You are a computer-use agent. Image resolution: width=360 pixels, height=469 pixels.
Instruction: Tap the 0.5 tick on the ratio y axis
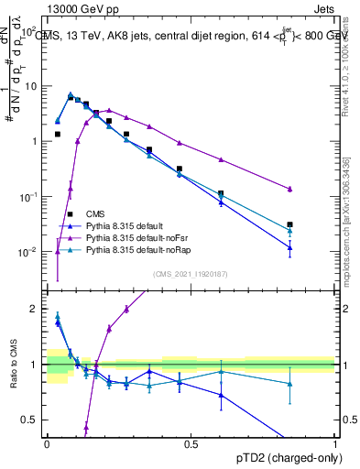tap(31, 420)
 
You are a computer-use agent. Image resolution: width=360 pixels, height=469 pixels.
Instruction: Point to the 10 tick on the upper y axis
tap(30, 86)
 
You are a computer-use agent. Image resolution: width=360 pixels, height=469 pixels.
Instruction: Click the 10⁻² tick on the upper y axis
tap(27, 252)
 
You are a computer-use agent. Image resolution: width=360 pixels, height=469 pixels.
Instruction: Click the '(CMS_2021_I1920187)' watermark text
tap(191, 273)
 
